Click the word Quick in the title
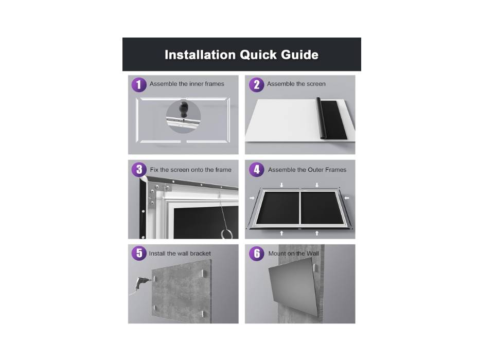pos(258,55)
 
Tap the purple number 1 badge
pos(139,84)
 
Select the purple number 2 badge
pos(256,84)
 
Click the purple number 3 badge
pos(139,170)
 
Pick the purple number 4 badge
pos(257,170)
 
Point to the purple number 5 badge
pos(139,253)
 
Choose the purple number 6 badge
pos(257,253)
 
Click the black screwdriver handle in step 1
pos(183,110)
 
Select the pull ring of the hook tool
pos(226,234)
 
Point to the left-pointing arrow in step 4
pos(346,198)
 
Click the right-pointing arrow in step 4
pos(252,198)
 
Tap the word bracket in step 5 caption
pos(201,254)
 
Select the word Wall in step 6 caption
pos(312,254)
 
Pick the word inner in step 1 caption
pos(197,84)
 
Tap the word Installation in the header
pos(200,55)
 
